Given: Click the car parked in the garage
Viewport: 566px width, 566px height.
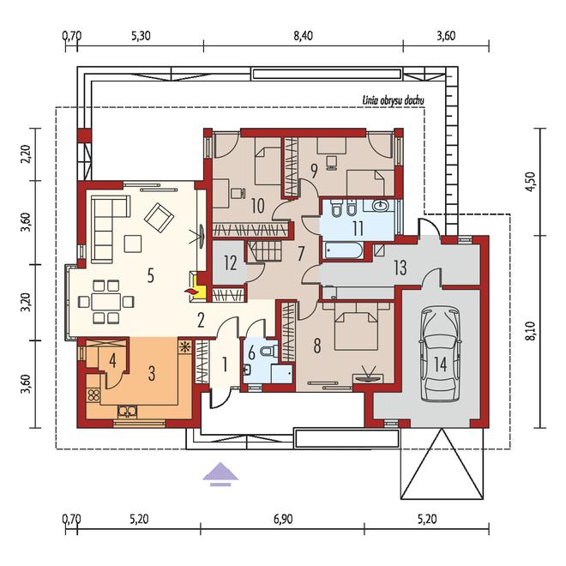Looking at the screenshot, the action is click(441, 355).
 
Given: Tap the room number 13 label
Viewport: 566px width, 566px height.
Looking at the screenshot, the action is click(400, 268).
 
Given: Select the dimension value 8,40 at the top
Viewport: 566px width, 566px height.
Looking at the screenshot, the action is click(304, 36).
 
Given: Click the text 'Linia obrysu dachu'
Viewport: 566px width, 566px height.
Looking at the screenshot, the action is click(393, 100).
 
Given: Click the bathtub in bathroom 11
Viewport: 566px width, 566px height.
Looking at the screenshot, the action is click(343, 250).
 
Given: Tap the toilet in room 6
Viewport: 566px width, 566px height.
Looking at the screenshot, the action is click(271, 351).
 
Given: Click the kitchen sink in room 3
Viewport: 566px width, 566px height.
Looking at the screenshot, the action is click(128, 411).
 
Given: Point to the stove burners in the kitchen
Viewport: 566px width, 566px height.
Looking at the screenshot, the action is click(93, 394).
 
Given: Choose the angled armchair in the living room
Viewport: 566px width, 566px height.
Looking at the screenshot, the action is click(159, 217).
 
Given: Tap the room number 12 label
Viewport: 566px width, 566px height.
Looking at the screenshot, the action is click(231, 262).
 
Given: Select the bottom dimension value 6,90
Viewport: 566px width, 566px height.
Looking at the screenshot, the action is click(283, 519).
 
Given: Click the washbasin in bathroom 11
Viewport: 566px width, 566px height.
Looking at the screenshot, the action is click(379, 206).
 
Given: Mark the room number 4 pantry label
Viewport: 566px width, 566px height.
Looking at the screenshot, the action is click(112, 360).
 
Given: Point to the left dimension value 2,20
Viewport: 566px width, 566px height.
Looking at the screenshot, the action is click(26, 154).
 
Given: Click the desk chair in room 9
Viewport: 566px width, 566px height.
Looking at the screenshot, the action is click(331, 162).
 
